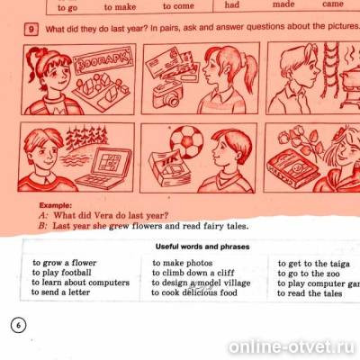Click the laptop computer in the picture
tap(105, 166)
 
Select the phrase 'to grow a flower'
tap(64, 263)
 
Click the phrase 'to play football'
tap(62, 273)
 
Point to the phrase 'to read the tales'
tap(310, 292)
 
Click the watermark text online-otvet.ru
tap(292, 346)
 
